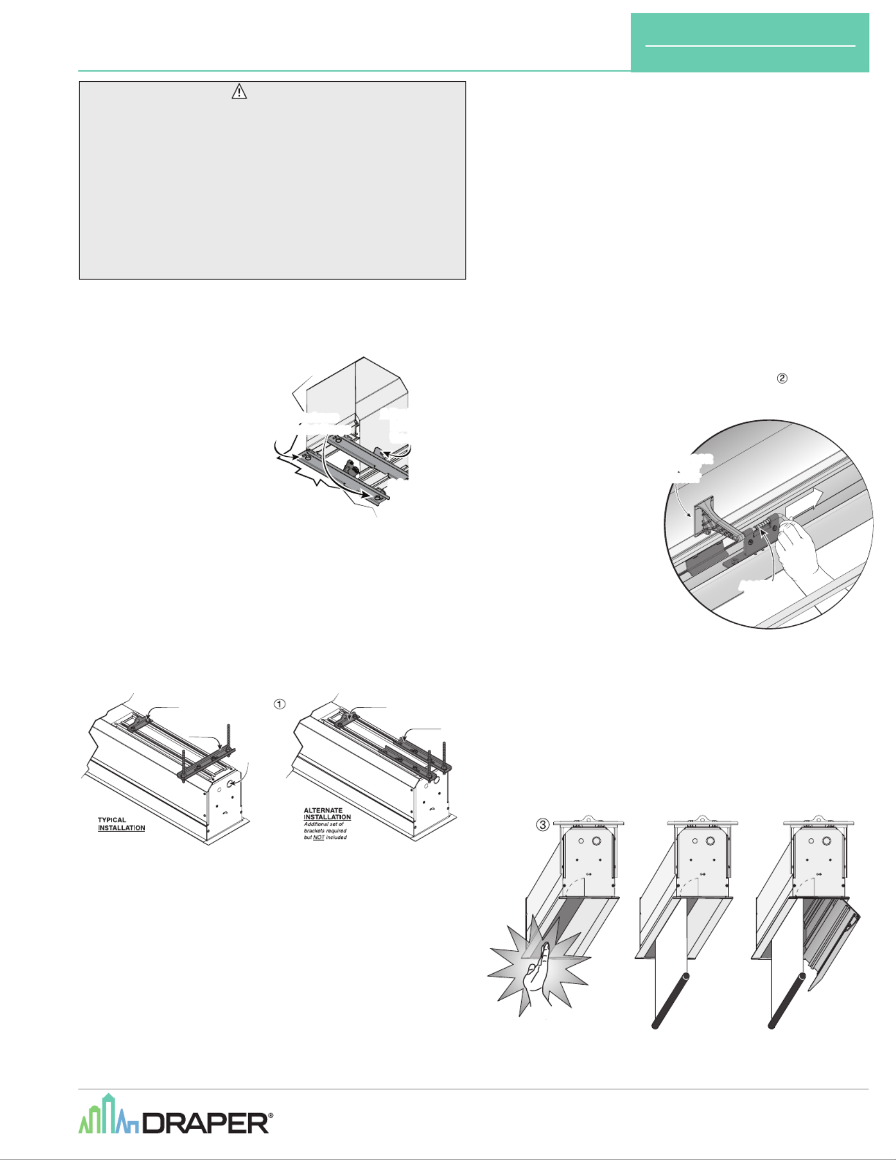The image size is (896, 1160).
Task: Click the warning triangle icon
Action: [239, 91]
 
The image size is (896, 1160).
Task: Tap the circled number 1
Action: [280, 704]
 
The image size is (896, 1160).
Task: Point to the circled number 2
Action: [782, 378]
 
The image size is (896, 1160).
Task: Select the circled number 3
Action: [543, 824]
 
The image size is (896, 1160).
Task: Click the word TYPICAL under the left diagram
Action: [112, 819]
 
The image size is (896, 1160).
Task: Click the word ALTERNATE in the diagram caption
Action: [323, 810]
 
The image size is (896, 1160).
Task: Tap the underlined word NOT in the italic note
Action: [318, 837]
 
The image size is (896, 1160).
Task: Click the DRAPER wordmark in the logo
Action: [206, 1123]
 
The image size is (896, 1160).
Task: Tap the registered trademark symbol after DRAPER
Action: [270, 1116]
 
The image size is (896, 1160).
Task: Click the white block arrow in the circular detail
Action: [804, 501]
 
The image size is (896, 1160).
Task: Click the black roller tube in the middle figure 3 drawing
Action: [671, 1000]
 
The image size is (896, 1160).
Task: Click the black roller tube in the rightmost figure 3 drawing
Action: [787, 1000]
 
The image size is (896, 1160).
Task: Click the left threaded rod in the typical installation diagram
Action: [184, 766]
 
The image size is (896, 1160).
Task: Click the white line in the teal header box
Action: [750, 45]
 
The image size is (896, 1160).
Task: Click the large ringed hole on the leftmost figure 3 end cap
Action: [597, 841]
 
